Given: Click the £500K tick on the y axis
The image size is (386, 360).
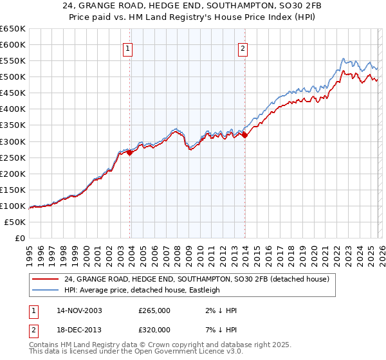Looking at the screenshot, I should point(13,77).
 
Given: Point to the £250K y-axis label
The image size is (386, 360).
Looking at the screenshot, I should point(13,157).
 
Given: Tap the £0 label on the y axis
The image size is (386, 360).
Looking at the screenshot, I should point(19,238).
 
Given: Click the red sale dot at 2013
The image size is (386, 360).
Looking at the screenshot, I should point(244,135).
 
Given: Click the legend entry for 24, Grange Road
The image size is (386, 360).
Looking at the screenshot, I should point(197,279).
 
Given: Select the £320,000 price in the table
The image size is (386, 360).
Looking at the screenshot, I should point(154,329).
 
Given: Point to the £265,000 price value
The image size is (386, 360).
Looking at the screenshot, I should point(154,310).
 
